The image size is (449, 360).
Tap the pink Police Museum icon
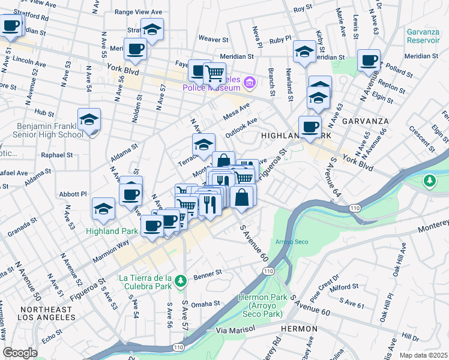click(x=254, y=82)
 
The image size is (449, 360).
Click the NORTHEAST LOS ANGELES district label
click(x=46, y=314)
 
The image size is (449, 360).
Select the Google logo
click(x=20, y=352)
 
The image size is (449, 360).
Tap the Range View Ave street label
click(x=138, y=11)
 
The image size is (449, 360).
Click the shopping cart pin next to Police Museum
click(x=214, y=74)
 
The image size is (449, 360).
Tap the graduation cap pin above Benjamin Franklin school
click(x=89, y=119)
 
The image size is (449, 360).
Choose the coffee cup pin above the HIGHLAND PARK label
click(x=310, y=126)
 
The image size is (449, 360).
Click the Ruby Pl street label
click(x=280, y=40)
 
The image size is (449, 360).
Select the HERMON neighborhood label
click(x=301, y=329)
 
